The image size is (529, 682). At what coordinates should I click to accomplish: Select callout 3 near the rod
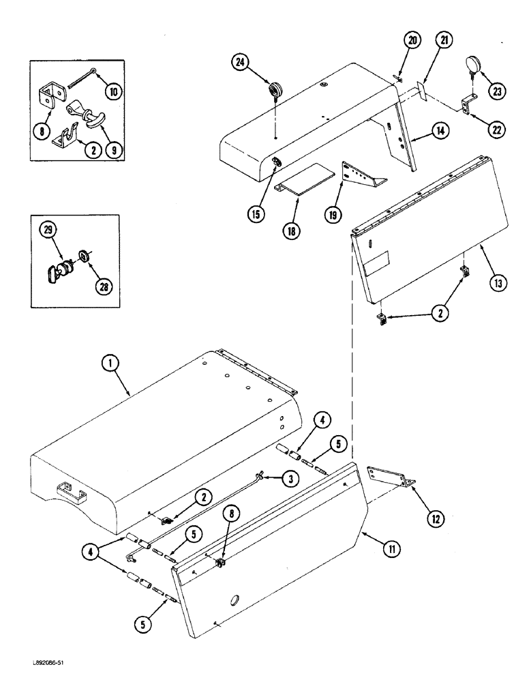(290, 479)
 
